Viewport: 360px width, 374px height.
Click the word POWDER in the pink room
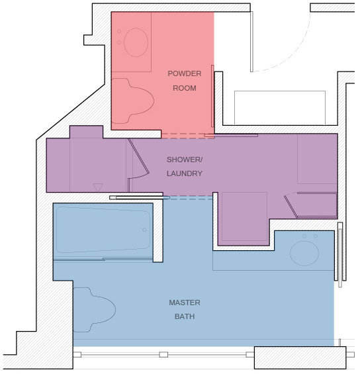tap(185, 73)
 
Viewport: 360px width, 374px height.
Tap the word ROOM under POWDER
tap(185, 88)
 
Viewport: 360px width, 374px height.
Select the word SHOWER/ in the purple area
tap(185, 160)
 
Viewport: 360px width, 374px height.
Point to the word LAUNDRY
tap(185, 173)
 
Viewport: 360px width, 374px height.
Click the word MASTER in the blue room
tap(185, 303)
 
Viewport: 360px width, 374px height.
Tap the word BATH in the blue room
tap(185, 316)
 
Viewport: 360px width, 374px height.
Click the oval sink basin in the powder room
tap(136, 42)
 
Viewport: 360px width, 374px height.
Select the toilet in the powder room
tap(132, 101)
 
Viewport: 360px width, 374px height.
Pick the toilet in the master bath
tap(95, 310)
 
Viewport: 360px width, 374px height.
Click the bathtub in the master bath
tap(103, 230)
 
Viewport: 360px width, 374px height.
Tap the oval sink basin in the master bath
tap(304, 253)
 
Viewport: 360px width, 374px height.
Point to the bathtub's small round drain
tap(144, 230)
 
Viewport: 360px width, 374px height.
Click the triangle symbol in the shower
tap(98, 187)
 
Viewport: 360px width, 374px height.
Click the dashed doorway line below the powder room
tap(188, 136)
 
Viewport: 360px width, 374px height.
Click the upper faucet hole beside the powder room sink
tap(119, 31)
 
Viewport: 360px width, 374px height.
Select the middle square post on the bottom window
tap(163, 354)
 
